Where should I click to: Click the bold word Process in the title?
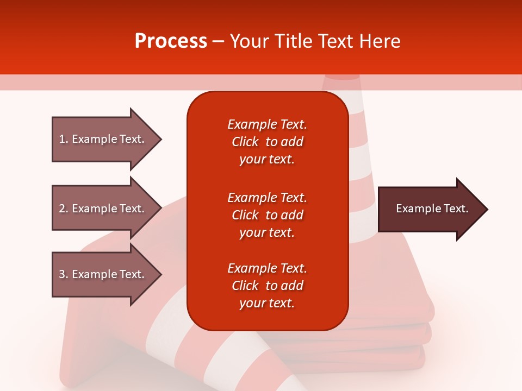pos(171,41)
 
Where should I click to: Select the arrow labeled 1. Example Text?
pos(103,139)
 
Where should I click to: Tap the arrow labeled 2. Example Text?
pos(103,209)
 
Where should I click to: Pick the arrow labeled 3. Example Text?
pos(103,274)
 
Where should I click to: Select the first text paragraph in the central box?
pos(267,142)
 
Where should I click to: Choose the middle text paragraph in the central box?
pos(267,215)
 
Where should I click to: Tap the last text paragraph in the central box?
pos(267,286)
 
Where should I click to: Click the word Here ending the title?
pos(381,41)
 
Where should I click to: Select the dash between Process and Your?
pos(219,41)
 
